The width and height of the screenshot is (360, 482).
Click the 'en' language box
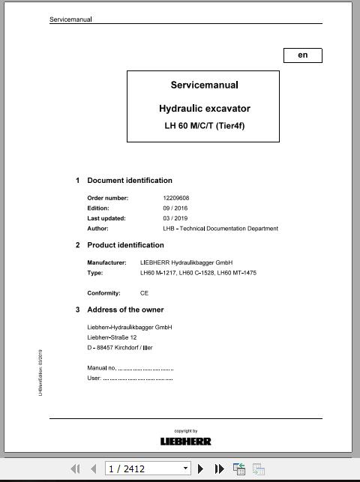point(302,55)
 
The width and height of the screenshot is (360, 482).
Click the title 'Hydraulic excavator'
point(204,109)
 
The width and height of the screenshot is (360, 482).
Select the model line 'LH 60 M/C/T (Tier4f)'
point(204,125)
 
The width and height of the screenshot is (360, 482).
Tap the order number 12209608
point(175,198)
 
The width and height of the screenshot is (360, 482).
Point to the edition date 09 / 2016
point(175,208)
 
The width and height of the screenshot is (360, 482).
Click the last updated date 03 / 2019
point(175,218)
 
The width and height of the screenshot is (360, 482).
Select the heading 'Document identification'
point(130,181)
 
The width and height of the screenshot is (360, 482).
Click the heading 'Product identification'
point(125,245)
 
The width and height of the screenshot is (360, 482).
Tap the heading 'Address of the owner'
point(125,310)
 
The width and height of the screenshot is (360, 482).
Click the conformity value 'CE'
point(144,293)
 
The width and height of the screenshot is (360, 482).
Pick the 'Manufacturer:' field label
point(107,263)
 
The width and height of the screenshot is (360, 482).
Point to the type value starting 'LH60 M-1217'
point(198,273)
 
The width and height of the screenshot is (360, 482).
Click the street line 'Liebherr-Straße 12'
point(112,337)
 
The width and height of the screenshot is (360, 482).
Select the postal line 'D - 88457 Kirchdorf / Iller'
point(120,348)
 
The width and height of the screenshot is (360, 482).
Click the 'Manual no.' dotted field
point(130,368)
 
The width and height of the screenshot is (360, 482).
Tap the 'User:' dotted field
point(130,378)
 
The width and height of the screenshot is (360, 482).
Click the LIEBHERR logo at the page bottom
point(186,442)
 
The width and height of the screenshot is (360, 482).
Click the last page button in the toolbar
point(219,469)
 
